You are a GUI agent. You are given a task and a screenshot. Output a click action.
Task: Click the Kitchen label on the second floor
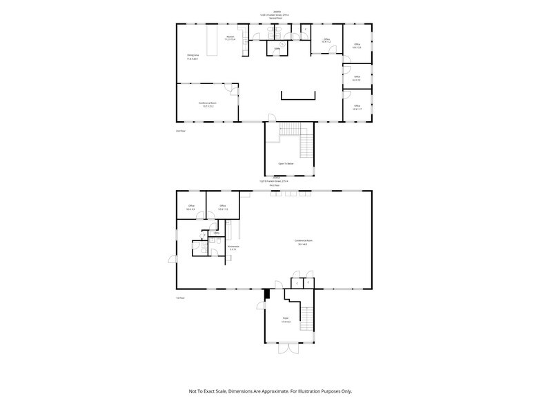coord(230,38)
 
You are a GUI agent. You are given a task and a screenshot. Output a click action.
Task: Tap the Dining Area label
coord(193,56)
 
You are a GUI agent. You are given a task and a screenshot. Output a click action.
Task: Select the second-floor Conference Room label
coord(208,104)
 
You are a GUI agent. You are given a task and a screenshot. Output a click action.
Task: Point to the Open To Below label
coord(286,164)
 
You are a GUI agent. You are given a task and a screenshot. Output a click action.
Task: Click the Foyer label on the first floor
coord(286,320)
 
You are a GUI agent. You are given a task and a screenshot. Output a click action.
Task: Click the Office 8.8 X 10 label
coord(357,78)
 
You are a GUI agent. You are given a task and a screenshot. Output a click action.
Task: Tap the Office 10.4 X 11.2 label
coord(326,41)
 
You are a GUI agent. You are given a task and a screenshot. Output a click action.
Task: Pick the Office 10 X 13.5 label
coord(357,45)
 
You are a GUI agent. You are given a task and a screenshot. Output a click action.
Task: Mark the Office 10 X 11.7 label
coord(357,107)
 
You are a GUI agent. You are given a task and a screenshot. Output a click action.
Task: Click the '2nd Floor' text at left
coord(181,130)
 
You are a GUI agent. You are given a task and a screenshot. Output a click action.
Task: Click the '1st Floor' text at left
coord(180,298)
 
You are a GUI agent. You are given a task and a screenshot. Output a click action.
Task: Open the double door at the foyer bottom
coord(288,348)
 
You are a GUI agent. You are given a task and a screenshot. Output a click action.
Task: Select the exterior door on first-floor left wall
coord(172,259)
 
